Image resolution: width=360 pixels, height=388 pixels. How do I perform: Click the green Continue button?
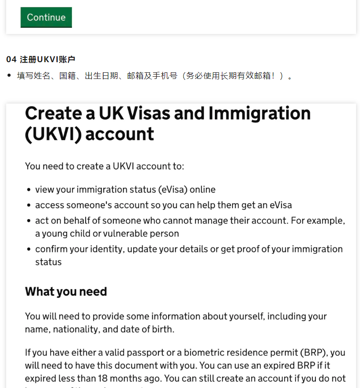pyautogui.click(x=46, y=17)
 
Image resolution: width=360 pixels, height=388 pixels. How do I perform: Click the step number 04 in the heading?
pyautogui.click(x=11, y=60)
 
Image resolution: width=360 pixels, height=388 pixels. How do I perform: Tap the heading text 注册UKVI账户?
pyautogui.click(x=48, y=60)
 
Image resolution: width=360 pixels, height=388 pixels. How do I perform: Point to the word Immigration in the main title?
pyautogui.click(x=259, y=114)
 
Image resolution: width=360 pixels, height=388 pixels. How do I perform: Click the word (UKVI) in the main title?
pyautogui.click(x=52, y=134)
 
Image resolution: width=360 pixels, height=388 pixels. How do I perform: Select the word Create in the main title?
pyautogui.click(x=53, y=114)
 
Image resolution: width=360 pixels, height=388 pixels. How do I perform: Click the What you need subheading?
pyautogui.click(x=66, y=291)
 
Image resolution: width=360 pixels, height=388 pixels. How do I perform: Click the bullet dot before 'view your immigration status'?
pyautogui.click(x=29, y=190)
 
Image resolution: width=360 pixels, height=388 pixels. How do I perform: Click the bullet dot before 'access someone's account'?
pyautogui.click(x=29, y=205)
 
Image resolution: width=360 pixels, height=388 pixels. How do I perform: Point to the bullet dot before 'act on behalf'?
pyautogui.click(x=29, y=221)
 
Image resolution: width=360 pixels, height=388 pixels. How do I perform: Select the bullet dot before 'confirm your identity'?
pyautogui.click(x=29, y=250)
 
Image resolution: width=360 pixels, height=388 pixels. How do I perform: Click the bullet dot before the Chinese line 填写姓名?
pyautogui.click(x=9, y=76)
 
